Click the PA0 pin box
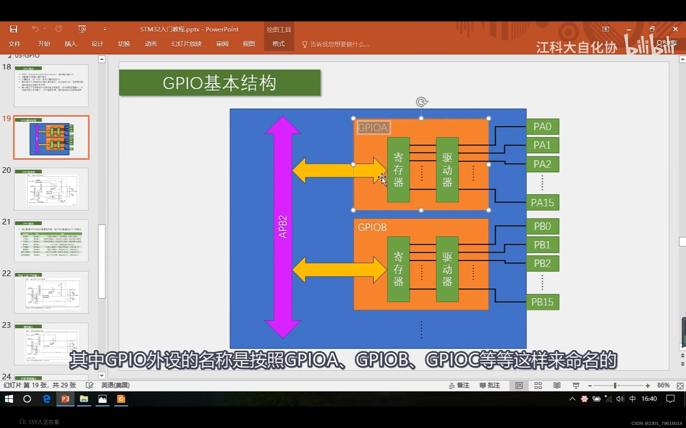pyautogui.click(x=542, y=126)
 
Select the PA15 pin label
pyautogui.click(x=542, y=203)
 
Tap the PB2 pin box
pyautogui.click(x=542, y=263)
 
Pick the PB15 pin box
pyautogui.click(x=542, y=302)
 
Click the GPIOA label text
pyautogui.click(x=373, y=128)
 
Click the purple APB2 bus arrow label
pyautogui.click(x=283, y=226)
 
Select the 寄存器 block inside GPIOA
pyautogui.click(x=398, y=170)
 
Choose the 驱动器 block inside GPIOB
pyautogui.click(x=447, y=269)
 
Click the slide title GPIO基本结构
pyautogui.click(x=220, y=83)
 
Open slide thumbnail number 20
pyautogui.click(x=51, y=189)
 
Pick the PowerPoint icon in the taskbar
pyautogui.click(x=65, y=399)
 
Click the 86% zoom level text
pyautogui.click(x=663, y=385)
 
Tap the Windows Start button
pyautogui.click(x=9, y=399)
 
